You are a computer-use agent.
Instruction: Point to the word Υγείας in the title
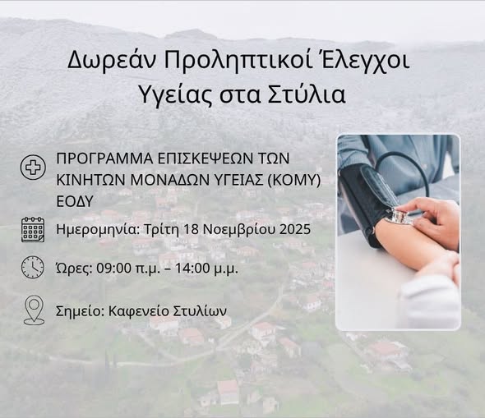click(x=175, y=95)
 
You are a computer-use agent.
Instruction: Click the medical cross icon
click(x=33, y=168)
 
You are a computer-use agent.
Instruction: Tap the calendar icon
click(x=33, y=229)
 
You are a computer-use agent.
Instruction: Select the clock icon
click(x=33, y=267)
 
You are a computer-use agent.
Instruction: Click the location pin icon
click(x=34, y=310)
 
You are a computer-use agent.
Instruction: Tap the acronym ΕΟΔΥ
click(x=75, y=201)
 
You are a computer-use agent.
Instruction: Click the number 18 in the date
click(x=191, y=229)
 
